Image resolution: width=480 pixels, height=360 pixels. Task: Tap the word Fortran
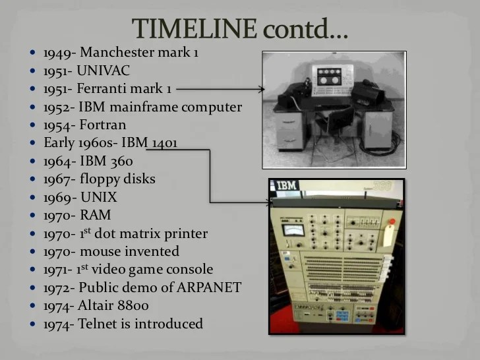[102, 125]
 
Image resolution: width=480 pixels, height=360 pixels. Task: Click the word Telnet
[98, 324]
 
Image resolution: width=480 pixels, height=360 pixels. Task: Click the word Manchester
[121, 53]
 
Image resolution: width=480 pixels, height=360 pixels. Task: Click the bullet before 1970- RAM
[34, 216]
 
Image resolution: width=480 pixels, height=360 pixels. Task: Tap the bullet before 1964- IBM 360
[34, 161]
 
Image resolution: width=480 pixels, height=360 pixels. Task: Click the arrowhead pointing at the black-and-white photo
[261, 89]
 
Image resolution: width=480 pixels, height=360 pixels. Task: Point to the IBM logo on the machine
[286, 186]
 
